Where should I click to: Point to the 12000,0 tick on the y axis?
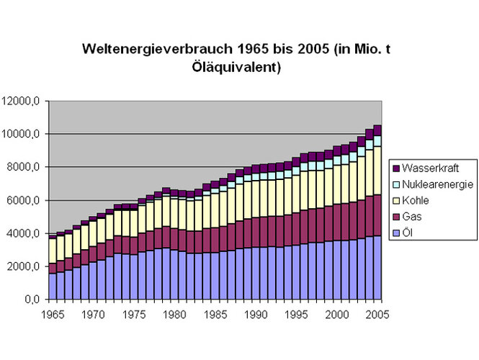tap(22, 102)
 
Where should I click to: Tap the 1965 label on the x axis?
tap(53, 315)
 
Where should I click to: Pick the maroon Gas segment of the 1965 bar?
tap(53, 268)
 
